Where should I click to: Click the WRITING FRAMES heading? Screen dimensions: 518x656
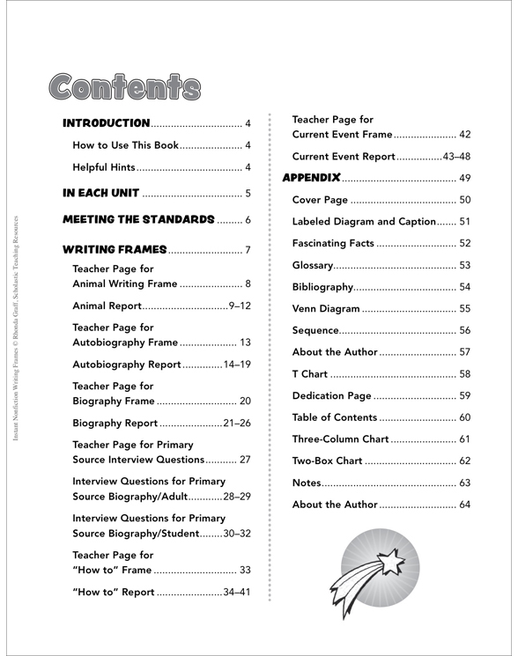tap(115, 250)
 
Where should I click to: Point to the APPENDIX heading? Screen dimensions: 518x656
tap(311, 177)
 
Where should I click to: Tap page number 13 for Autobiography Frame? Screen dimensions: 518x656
tap(245, 343)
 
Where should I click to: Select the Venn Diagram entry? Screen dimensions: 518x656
tap(326, 308)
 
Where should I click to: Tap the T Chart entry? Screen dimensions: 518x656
tap(312, 373)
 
